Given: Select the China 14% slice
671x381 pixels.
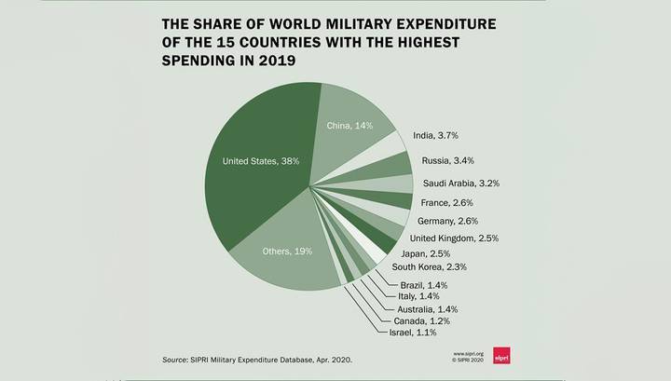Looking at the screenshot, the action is pos(349,129).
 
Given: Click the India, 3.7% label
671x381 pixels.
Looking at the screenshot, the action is pos(435,136).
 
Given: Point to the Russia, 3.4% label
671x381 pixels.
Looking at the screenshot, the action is pos(447,161).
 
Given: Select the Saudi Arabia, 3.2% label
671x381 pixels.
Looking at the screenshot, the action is pos(461,184).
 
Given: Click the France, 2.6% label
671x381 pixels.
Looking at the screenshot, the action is pos(446,203).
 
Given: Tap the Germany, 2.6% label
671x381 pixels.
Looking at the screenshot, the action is pos(447,221).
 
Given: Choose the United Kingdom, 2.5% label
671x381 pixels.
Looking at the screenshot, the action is pos(454,238).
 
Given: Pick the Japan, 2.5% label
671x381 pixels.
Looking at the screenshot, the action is pos(425,254).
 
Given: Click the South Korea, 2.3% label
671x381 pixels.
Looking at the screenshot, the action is pos(430,266).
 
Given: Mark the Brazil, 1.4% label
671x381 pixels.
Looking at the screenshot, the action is pos(424,285).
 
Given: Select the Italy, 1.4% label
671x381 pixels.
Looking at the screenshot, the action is pos(418,296).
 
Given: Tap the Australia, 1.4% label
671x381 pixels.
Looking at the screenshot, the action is pos(427,309).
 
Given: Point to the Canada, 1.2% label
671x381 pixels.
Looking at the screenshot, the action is pos(421,321).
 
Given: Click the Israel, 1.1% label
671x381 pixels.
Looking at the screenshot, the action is pos(413,333).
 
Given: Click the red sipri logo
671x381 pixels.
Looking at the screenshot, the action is pos(501,355).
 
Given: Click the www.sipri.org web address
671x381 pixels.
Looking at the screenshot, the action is pos(468,354).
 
